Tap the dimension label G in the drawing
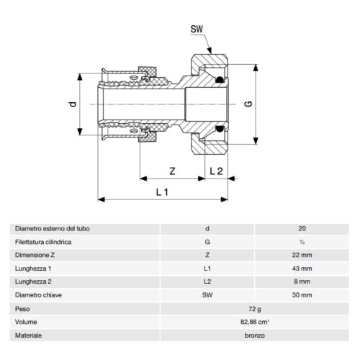click(250, 105)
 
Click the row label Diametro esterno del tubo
click(52, 229)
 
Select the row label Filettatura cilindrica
click(43, 242)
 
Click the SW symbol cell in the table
click(207, 294)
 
